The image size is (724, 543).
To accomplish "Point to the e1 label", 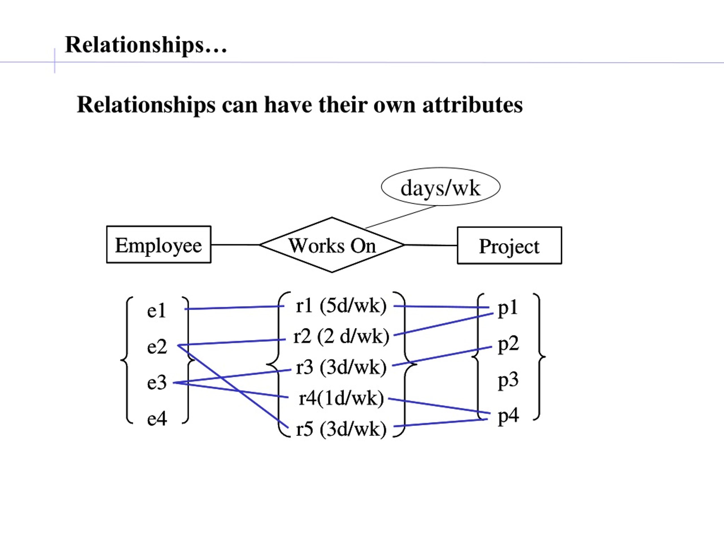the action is (x=157, y=310).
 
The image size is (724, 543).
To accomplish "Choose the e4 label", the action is (x=157, y=419).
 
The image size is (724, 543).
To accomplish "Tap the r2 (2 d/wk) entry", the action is (x=341, y=337).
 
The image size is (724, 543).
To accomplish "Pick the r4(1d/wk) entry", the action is (x=341, y=398).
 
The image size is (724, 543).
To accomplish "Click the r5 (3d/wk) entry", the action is (x=341, y=429).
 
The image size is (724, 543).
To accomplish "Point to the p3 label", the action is (x=508, y=381).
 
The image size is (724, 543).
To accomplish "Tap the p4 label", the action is (x=508, y=417).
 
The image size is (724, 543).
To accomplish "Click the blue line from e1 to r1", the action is (x=234, y=308).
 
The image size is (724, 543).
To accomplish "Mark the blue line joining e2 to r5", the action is (x=233, y=386).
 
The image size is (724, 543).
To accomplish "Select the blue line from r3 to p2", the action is (x=442, y=356).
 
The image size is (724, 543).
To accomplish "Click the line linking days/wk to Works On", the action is (x=401, y=217).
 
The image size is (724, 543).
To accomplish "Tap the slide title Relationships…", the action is (x=146, y=44).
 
